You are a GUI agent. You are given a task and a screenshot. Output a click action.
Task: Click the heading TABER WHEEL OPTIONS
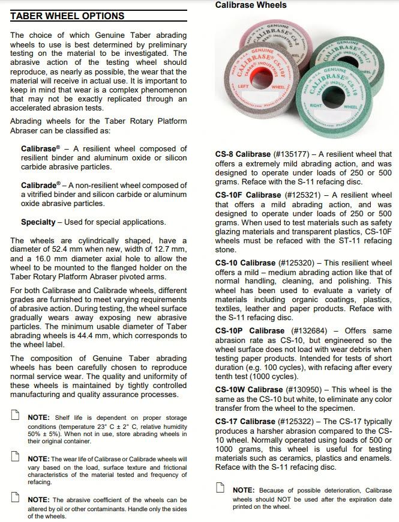coord(68,16)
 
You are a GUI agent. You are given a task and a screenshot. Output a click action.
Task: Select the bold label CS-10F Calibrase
coord(248,195)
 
